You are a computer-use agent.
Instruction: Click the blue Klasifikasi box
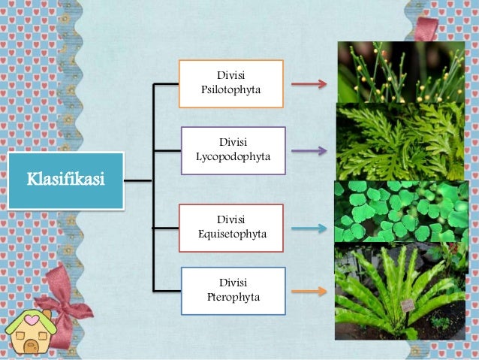[x=65, y=180]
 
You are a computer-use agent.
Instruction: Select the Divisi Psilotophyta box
[x=230, y=83]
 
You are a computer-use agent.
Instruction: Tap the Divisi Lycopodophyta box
[x=233, y=150]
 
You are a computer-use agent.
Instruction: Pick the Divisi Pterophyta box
[x=233, y=290]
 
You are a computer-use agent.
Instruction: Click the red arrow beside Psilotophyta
[x=309, y=84]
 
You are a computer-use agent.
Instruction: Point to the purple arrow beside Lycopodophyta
[x=309, y=150]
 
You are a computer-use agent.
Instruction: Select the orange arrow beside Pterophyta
[x=309, y=291]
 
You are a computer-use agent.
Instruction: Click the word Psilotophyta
[x=230, y=90]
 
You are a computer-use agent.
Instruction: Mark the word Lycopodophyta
[x=233, y=157]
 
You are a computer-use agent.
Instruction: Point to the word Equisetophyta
[x=232, y=234]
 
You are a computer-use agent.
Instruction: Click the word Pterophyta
[x=233, y=297]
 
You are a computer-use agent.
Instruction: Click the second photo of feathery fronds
[x=400, y=141]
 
